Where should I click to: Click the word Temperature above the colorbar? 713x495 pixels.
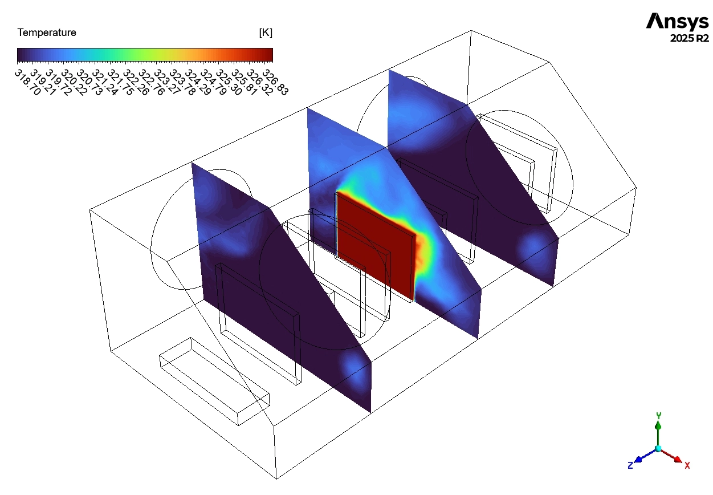point(47,33)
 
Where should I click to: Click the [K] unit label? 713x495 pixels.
point(266,33)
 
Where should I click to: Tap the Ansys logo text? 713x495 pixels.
point(677,22)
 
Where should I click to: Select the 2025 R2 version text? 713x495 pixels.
point(690,38)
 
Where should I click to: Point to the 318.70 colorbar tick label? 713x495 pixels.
point(28,82)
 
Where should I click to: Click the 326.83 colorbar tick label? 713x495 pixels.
point(275,82)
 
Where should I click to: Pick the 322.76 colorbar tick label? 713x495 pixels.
point(152,82)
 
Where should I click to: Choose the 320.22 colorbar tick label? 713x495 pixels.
point(74,82)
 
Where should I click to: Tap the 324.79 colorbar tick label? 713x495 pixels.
point(213,82)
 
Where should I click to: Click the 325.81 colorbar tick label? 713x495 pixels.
point(244,82)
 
